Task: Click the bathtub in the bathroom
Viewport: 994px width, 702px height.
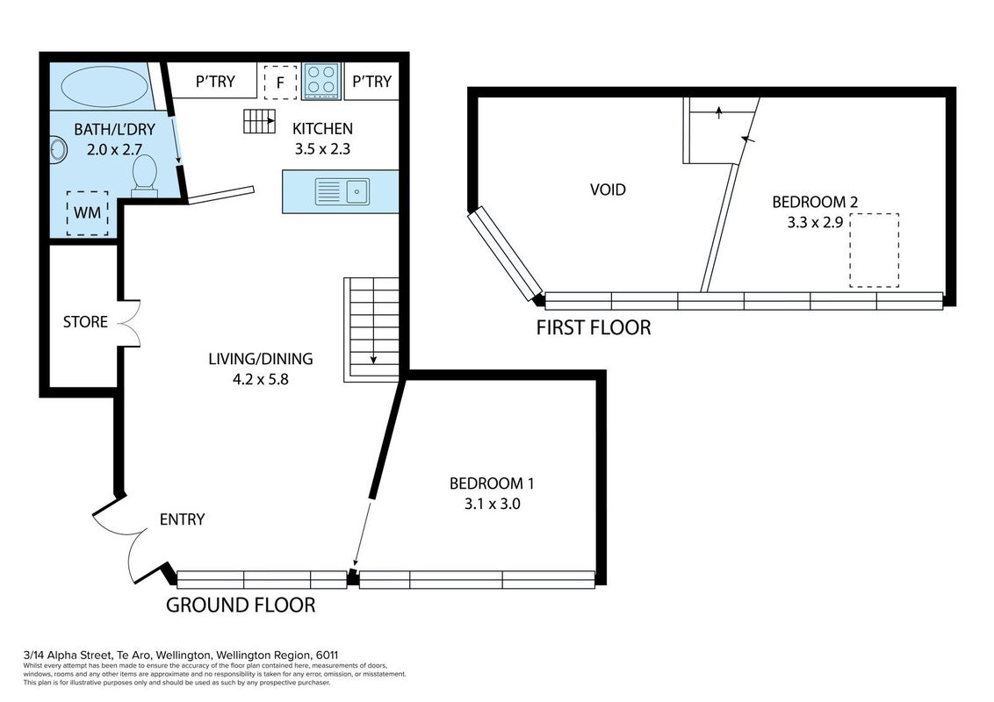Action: click(x=104, y=87)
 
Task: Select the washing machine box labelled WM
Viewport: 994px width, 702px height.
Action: click(x=88, y=213)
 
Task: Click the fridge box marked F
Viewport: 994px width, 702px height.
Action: click(x=280, y=82)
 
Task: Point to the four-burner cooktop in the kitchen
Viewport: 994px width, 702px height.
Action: click(x=321, y=81)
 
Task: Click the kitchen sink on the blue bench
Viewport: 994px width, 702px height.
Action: click(x=342, y=191)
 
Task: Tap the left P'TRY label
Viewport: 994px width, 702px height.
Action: click(x=215, y=82)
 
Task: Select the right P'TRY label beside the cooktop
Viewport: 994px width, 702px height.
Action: click(x=371, y=82)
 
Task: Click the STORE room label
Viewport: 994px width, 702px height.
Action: click(x=85, y=322)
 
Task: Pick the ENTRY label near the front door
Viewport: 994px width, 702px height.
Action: click(x=182, y=519)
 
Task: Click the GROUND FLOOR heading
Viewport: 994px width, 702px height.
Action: click(x=241, y=605)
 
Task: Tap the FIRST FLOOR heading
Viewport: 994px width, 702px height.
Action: click(x=594, y=327)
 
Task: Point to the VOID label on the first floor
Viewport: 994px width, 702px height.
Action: click(x=608, y=190)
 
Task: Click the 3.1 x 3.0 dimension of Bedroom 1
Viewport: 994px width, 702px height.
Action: click(x=492, y=505)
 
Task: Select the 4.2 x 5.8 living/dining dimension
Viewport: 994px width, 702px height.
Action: click(x=261, y=379)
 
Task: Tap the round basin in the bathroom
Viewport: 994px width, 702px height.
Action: click(x=58, y=150)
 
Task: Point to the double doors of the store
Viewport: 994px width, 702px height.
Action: click(x=129, y=322)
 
